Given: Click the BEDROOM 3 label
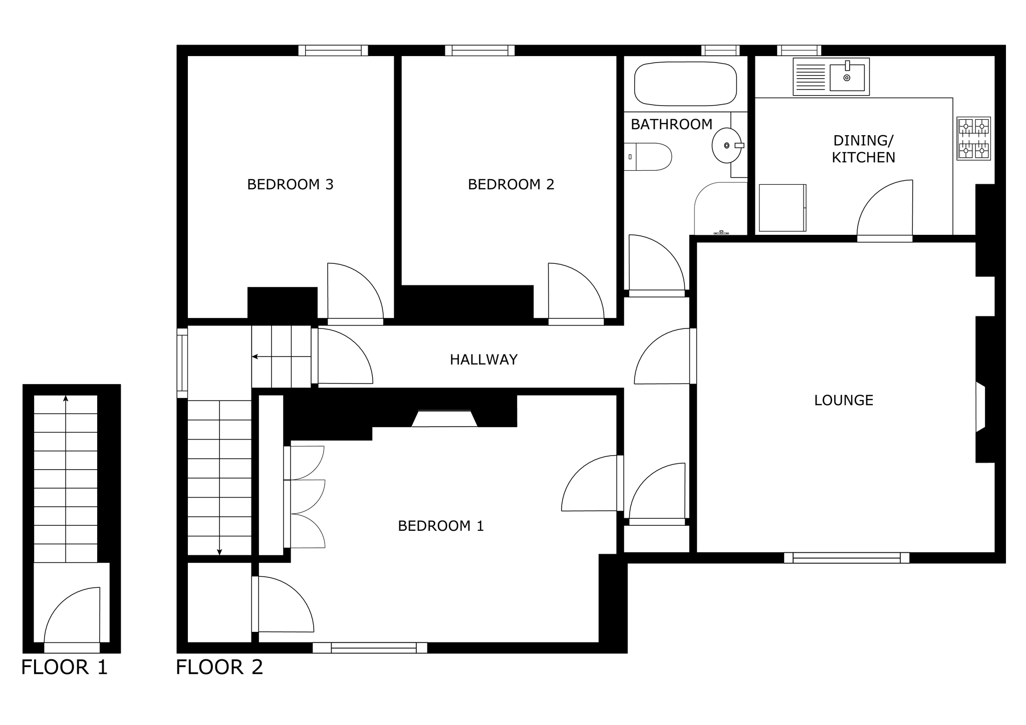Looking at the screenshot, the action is pyautogui.click(x=290, y=185).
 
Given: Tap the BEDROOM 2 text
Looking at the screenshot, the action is pyautogui.click(x=511, y=185).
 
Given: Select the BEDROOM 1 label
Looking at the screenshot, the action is pyautogui.click(x=441, y=526).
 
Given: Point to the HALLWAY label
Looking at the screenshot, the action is pyautogui.click(x=483, y=359).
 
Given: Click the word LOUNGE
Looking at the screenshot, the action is pyautogui.click(x=844, y=401).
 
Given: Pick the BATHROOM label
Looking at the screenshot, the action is pyautogui.click(x=671, y=124).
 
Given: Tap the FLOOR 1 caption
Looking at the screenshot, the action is pyautogui.click(x=65, y=667).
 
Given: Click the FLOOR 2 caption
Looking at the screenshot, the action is pyautogui.click(x=219, y=667).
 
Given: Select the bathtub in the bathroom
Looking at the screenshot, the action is pyautogui.click(x=686, y=84).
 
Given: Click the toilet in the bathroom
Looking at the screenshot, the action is pyautogui.click(x=648, y=157).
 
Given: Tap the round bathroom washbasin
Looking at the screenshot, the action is pyautogui.click(x=727, y=145).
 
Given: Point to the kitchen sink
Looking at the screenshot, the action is pyautogui.click(x=831, y=77).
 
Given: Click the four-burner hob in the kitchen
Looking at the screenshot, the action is pyautogui.click(x=973, y=139).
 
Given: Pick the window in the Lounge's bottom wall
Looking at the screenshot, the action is pyautogui.click(x=847, y=557).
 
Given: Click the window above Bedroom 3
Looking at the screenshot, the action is pyautogui.click(x=333, y=51).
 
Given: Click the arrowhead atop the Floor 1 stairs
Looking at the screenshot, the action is pyautogui.click(x=66, y=399).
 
